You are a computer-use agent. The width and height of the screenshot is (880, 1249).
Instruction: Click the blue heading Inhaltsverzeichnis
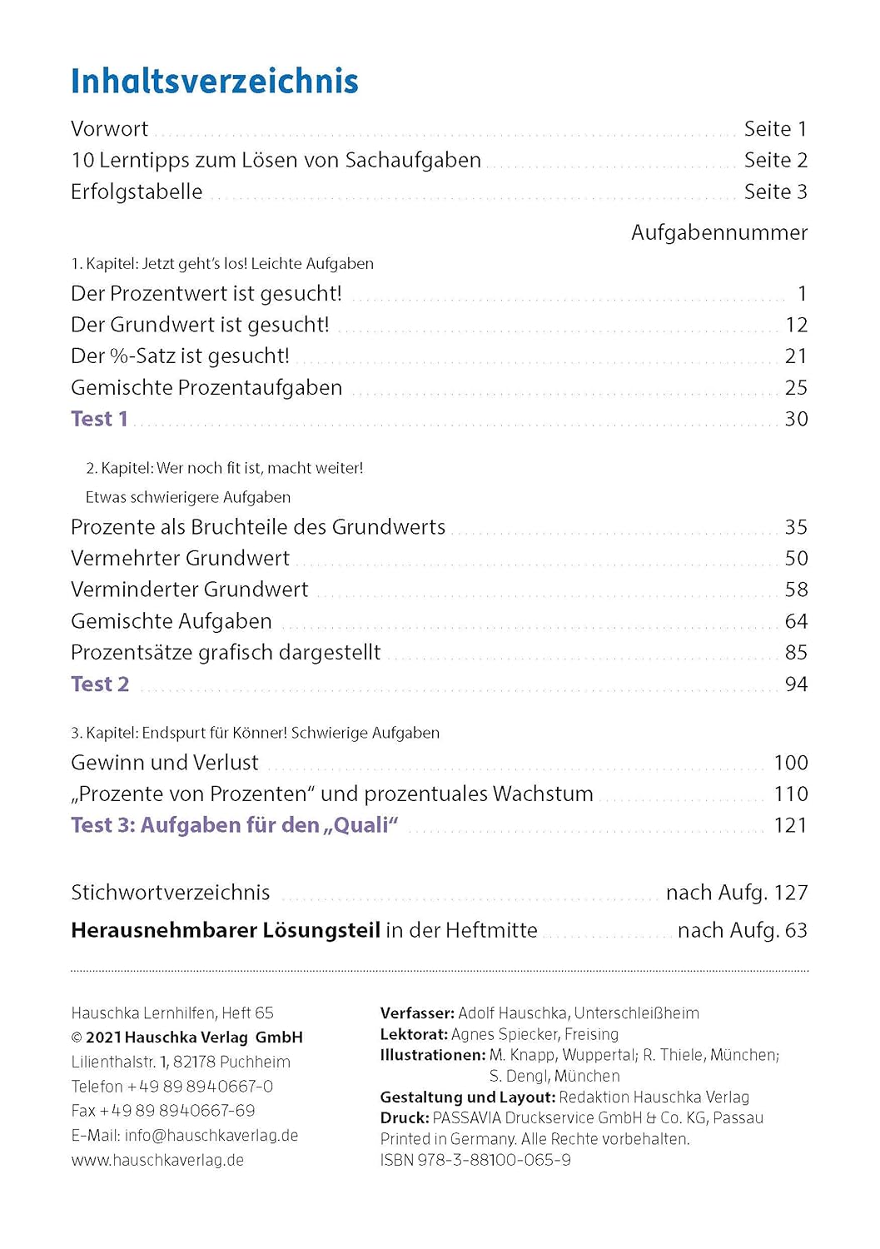click(215, 82)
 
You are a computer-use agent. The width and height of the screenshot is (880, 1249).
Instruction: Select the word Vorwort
click(109, 129)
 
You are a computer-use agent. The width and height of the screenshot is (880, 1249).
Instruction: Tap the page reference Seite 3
click(775, 192)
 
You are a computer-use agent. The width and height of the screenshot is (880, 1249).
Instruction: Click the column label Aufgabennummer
click(718, 232)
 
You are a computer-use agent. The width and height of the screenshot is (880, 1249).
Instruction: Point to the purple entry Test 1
click(99, 419)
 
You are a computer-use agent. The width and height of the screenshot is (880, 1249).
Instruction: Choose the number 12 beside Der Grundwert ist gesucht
click(796, 325)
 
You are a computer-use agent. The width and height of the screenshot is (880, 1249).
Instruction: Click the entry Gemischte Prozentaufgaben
click(206, 388)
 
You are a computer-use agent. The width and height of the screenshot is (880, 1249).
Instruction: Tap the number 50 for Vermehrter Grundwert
click(796, 559)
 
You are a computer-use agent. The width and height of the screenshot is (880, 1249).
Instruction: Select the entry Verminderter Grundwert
click(189, 590)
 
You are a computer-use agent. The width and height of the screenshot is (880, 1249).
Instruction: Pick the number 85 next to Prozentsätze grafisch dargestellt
click(796, 653)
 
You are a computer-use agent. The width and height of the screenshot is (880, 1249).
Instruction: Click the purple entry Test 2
click(100, 684)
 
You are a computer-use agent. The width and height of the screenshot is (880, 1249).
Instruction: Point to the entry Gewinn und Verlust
click(165, 763)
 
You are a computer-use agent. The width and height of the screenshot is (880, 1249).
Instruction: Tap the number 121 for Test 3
click(790, 825)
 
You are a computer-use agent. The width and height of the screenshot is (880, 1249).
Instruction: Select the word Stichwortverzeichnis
click(171, 893)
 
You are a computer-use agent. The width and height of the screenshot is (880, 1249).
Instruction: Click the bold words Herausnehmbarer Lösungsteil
click(226, 930)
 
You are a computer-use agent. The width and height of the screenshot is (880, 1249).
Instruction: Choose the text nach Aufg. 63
click(742, 930)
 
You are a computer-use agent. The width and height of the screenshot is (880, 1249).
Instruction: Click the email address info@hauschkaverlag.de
click(211, 1136)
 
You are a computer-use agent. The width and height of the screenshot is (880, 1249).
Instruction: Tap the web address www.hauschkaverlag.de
click(157, 1160)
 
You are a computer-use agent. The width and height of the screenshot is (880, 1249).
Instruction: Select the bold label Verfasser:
click(417, 1013)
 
